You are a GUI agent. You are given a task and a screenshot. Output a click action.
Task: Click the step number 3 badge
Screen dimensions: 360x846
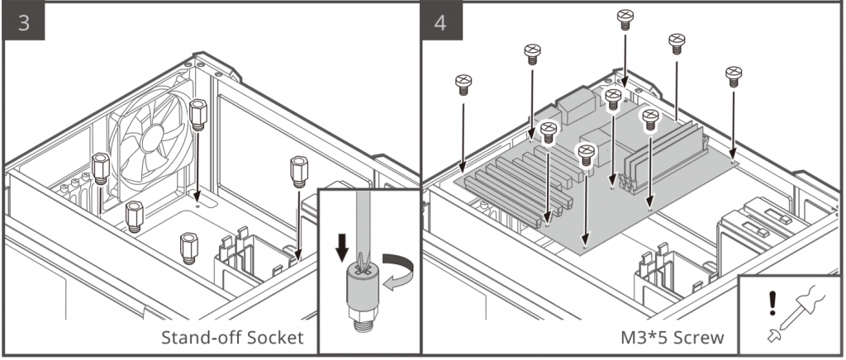tap(24, 22)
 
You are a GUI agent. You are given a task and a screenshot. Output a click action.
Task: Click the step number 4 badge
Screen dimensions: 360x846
tap(441, 22)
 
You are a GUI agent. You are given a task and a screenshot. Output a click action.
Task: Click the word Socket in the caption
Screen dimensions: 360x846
tap(270, 338)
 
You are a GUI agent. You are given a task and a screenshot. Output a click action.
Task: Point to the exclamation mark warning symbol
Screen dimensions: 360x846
tap(772, 302)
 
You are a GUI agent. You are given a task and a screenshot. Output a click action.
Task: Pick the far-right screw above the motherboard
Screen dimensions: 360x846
tap(733, 75)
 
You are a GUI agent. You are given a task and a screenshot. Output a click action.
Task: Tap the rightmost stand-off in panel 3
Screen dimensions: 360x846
tap(298, 171)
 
